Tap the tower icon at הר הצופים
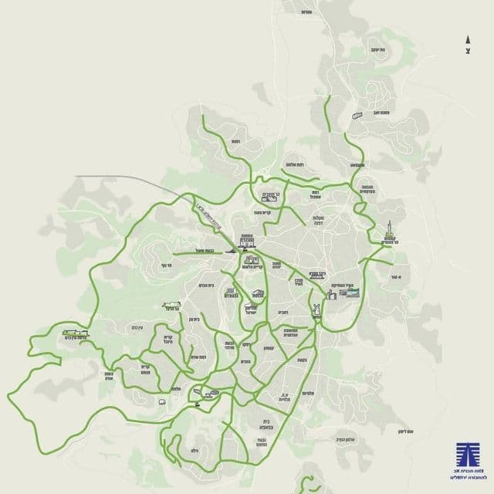(391, 231)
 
